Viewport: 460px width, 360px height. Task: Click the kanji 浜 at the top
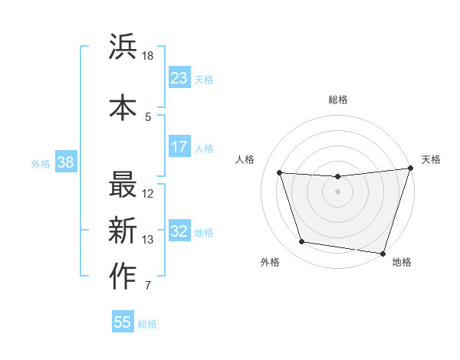[123, 47]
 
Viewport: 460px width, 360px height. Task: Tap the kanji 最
[123, 185]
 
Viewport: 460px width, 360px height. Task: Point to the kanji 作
[123, 277]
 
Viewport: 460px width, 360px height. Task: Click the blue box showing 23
[179, 77]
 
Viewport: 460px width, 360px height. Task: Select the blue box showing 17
[179, 146]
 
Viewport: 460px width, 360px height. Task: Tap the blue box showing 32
[179, 231]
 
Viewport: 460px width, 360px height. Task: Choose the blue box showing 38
[65, 162]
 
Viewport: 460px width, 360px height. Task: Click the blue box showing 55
[123, 322]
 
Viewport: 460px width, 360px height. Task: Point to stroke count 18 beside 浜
[148, 57]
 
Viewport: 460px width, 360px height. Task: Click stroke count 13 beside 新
[148, 240]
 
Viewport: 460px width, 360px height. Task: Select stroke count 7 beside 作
[148, 286]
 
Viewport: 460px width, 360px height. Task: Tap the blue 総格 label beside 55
[147, 324]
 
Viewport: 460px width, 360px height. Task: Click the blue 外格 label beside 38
[41, 163]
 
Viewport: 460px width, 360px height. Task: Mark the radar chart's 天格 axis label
[431, 159]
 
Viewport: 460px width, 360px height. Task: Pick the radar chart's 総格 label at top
[338, 100]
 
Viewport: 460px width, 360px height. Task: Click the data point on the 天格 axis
[410, 169]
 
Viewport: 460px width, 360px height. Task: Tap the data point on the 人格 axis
[280, 173]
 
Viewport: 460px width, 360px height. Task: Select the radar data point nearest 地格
[383, 253]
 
